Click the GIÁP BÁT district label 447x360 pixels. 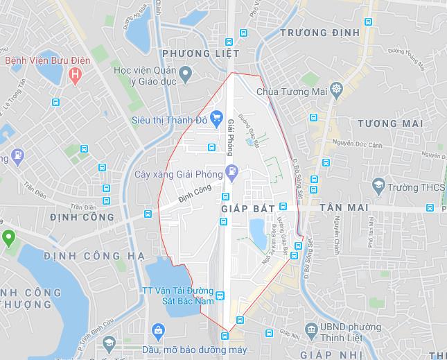[x=247, y=208]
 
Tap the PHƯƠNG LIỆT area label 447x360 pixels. [x=200, y=53]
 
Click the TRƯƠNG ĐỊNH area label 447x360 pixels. [x=319, y=33]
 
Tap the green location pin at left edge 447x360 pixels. [x=8, y=239]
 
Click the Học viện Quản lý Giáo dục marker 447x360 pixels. [x=184, y=72]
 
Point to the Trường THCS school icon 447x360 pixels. [x=378, y=186]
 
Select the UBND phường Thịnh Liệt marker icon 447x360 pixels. [x=310, y=327]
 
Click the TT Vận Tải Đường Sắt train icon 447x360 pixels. [x=220, y=295]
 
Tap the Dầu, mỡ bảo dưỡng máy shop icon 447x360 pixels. [x=158, y=329]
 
